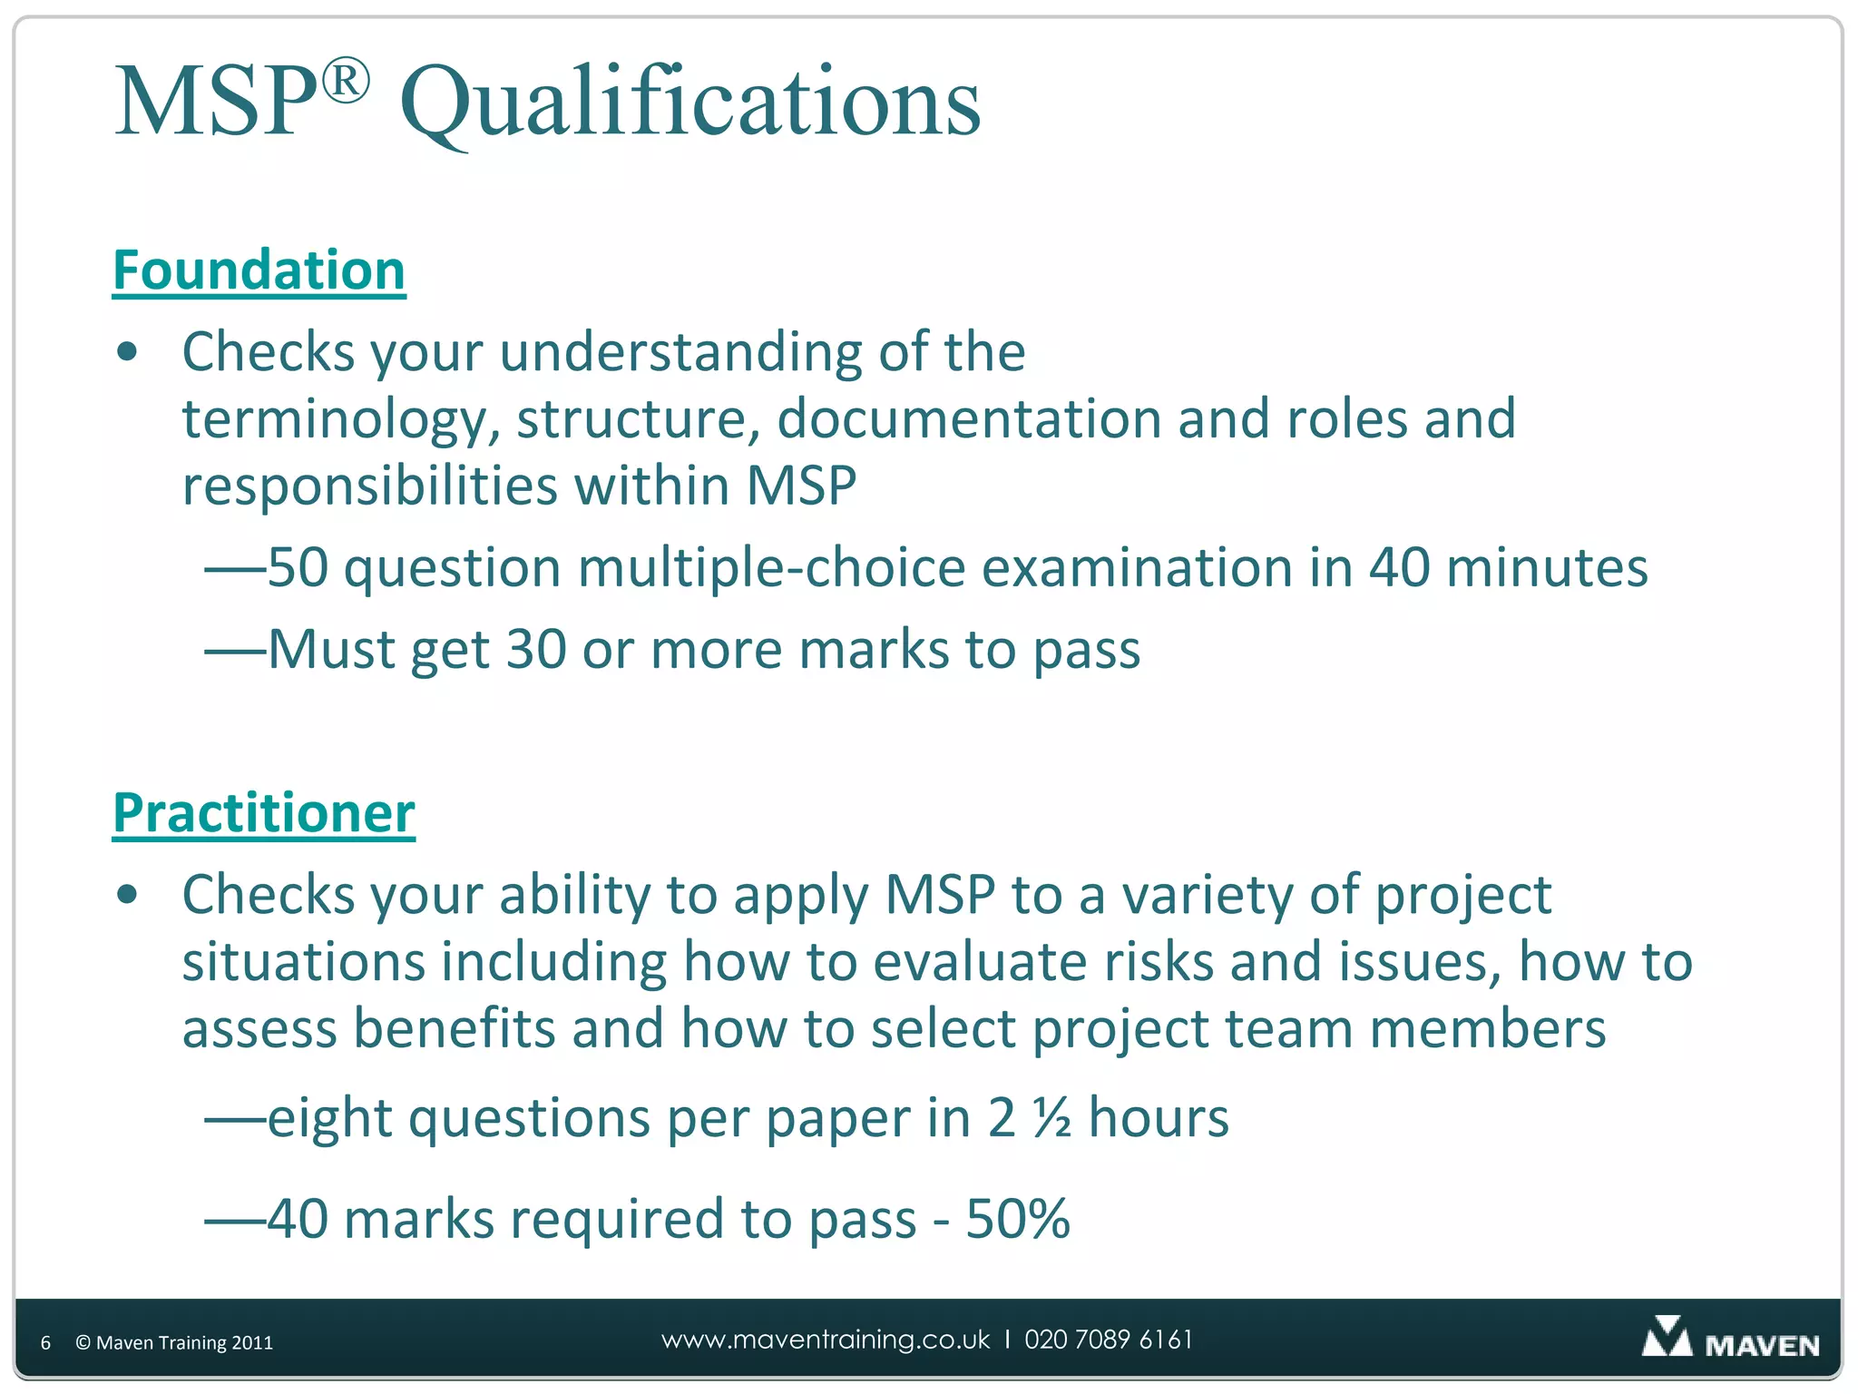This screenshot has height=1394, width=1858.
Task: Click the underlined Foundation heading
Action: click(259, 270)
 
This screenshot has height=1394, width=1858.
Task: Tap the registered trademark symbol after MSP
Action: click(346, 81)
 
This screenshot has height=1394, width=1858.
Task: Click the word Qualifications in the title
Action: click(689, 102)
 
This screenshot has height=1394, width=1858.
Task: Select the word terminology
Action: click(341, 419)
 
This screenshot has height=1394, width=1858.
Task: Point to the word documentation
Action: click(969, 419)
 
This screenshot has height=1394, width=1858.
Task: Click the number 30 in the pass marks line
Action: click(535, 650)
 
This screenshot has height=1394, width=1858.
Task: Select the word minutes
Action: click(1546, 568)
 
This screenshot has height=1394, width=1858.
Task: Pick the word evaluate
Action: click(980, 962)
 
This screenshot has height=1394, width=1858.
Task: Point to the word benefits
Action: click(454, 1029)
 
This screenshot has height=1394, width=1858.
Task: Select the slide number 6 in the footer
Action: click(45, 1343)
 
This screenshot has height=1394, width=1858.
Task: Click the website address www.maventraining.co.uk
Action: click(826, 1340)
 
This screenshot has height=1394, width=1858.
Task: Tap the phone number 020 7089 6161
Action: click(1109, 1340)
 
